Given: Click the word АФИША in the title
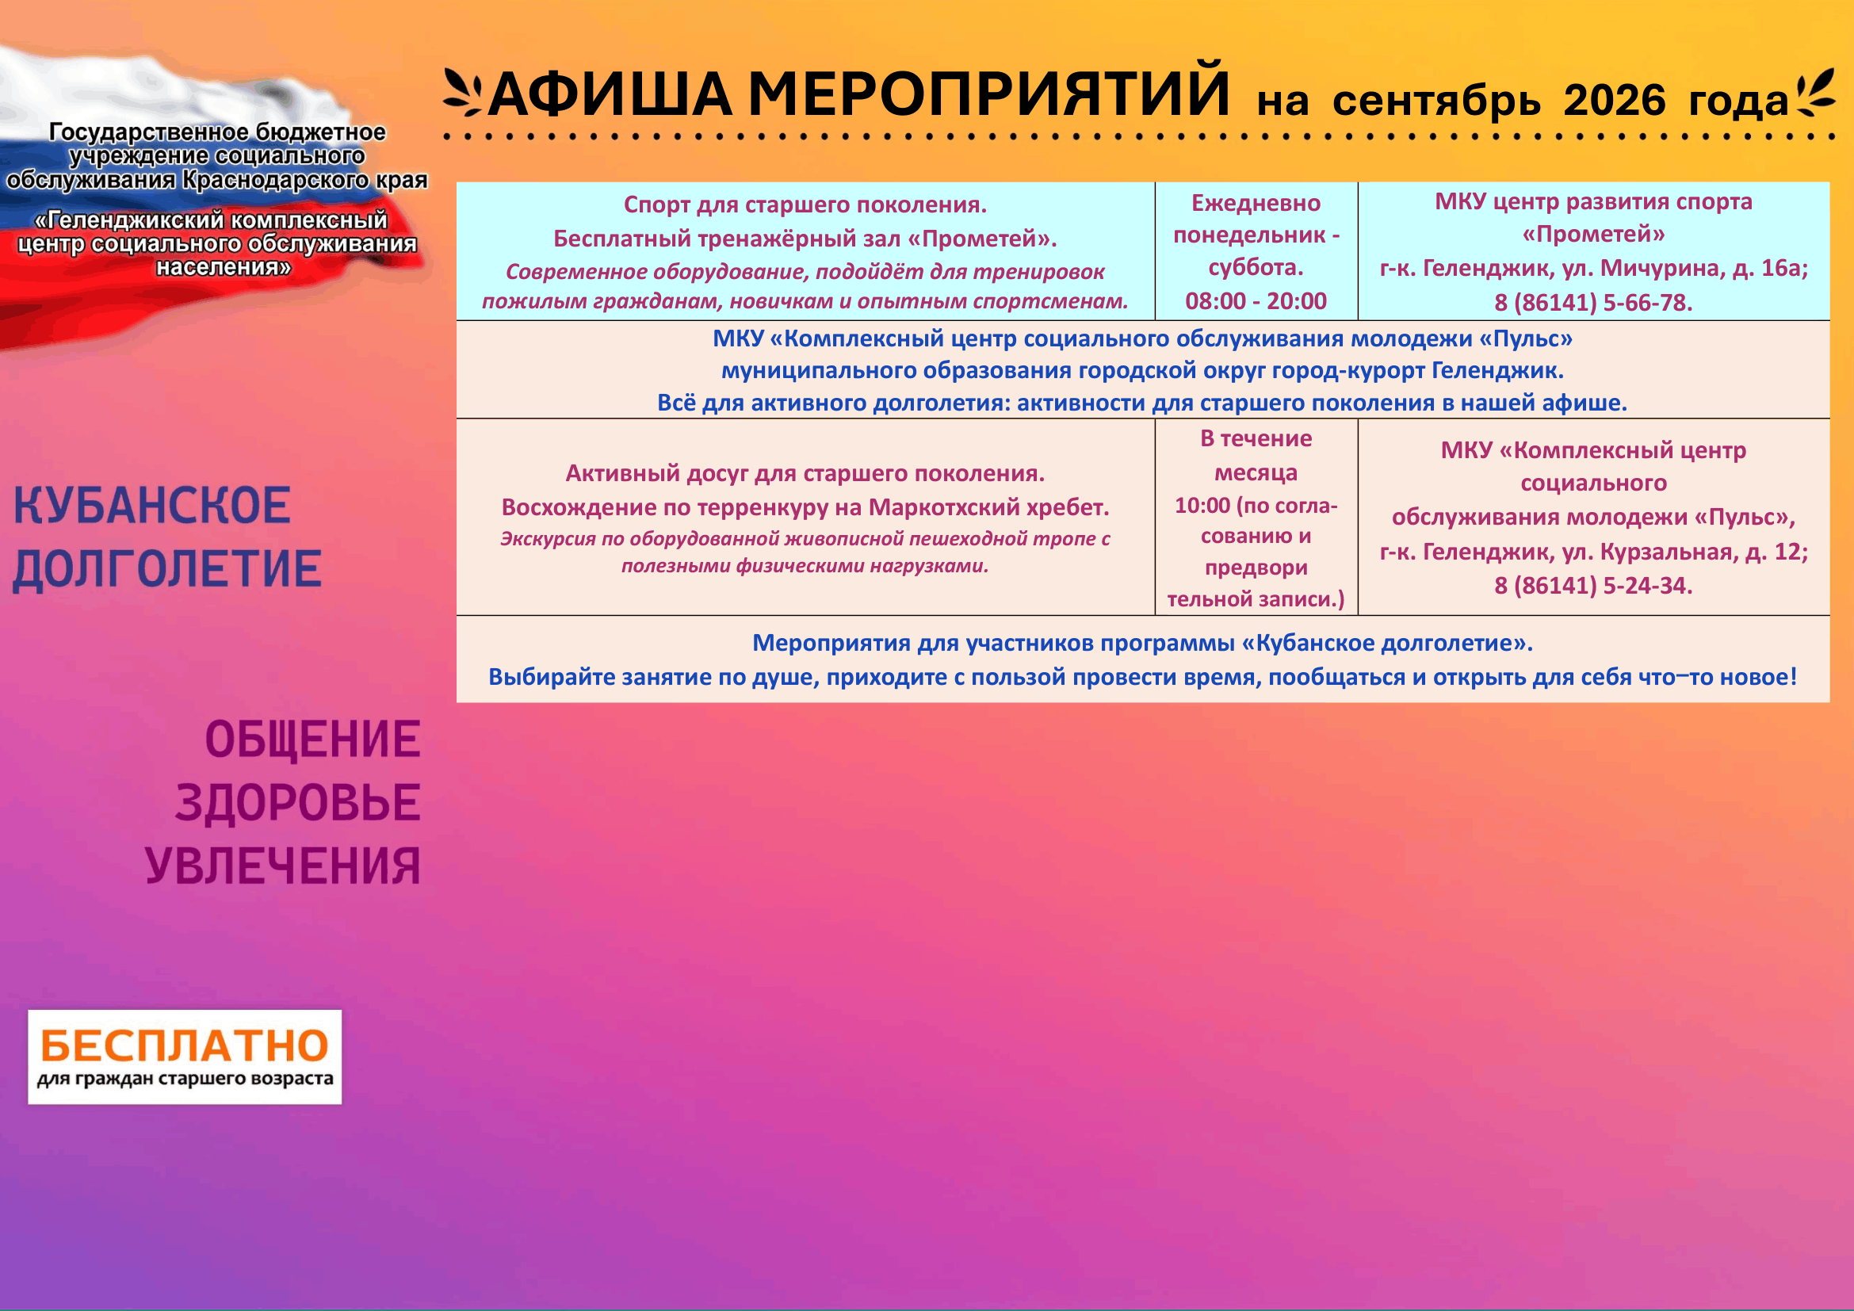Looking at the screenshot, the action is click(x=610, y=94).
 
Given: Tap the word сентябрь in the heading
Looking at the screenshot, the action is click(x=1436, y=101).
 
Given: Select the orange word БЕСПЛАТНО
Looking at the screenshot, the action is click(x=184, y=1045).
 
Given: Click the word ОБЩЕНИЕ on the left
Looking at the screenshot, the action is click(x=312, y=740).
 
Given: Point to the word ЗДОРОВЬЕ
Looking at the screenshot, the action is click(x=298, y=802).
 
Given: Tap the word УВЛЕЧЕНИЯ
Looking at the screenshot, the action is click(x=283, y=866).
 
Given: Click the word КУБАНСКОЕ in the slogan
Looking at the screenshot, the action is click(x=152, y=506).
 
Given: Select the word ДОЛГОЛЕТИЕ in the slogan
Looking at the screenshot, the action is click(x=167, y=568).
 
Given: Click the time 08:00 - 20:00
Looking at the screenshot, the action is click(x=1256, y=301).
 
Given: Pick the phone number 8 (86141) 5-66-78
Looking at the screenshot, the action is click(x=1593, y=303).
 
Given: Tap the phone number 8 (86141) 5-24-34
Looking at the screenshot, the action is click(x=1593, y=585).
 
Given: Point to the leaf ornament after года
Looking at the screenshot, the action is click(x=1814, y=94).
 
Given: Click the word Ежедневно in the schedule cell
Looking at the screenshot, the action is click(x=1256, y=204).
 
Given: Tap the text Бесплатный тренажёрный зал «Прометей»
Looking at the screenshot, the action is click(x=805, y=239).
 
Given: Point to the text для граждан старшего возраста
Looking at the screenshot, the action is click(x=185, y=1080).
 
